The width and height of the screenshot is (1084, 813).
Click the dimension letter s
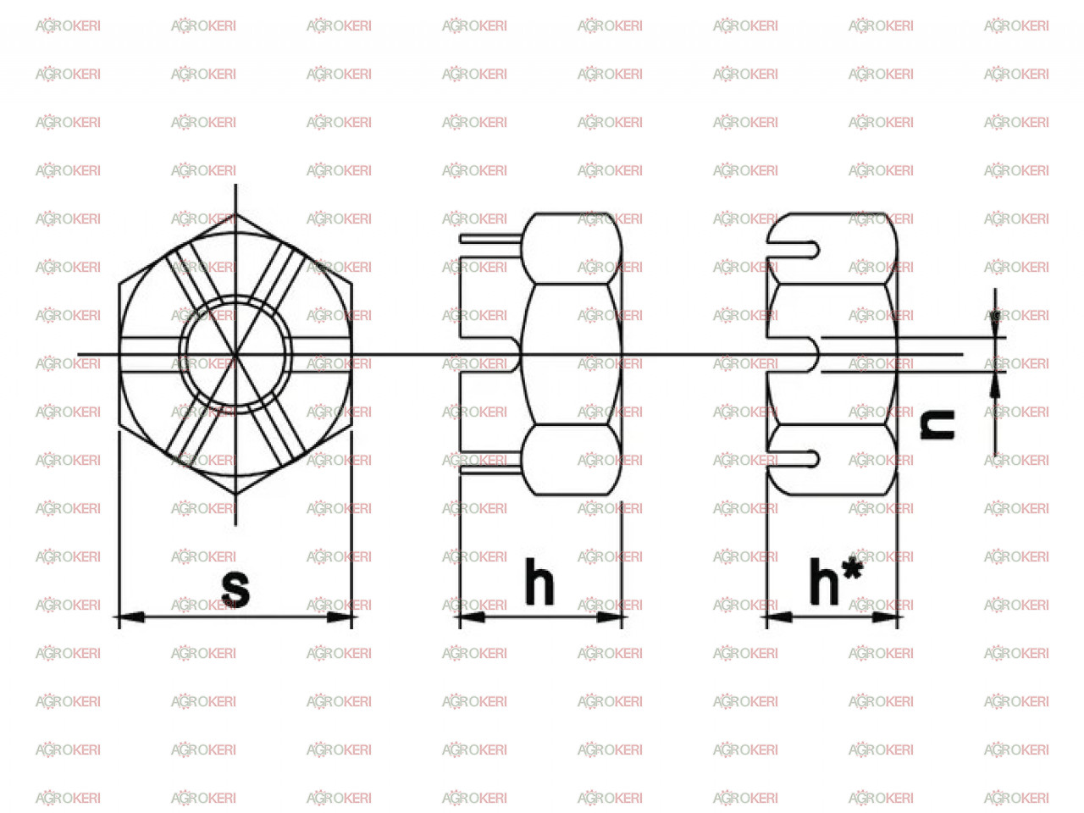point(235,589)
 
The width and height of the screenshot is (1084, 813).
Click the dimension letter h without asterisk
point(539,581)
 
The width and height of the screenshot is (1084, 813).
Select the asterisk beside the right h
point(853,570)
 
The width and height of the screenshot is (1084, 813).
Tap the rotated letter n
point(937,424)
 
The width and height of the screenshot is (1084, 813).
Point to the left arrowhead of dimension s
point(130,617)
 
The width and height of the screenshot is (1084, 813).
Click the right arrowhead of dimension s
point(341,617)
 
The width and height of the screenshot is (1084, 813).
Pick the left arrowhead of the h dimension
point(470,617)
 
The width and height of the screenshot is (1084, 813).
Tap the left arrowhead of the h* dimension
point(777,617)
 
